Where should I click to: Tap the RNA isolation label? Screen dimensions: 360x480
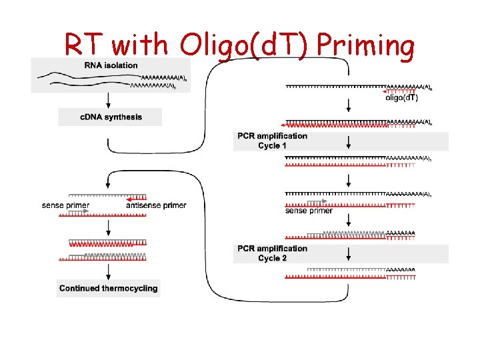[x=111, y=65]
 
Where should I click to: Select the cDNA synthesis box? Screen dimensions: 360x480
[x=111, y=117]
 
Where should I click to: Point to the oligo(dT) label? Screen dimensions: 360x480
[x=402, y=98]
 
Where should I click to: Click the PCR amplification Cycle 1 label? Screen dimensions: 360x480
[x=273, y=141]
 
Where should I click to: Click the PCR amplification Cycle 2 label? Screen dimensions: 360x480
[x=273, y=253]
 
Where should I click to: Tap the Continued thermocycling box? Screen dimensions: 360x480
[x=109, y=289]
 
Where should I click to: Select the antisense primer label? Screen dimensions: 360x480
[x=156, y=205]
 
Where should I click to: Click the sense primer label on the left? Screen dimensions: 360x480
[x=65, y=205]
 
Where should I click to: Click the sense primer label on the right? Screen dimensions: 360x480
[x=309, y=211]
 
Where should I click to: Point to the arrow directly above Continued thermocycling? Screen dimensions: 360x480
[x=108, y=269]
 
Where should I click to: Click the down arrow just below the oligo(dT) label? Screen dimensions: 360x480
[x=348, y=107]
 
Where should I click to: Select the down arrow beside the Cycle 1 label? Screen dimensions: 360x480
[x=348, y=141]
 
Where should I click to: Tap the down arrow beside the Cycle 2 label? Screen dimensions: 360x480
[x=348, y=253]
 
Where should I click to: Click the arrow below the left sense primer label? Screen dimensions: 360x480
[x=108, y=227]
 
